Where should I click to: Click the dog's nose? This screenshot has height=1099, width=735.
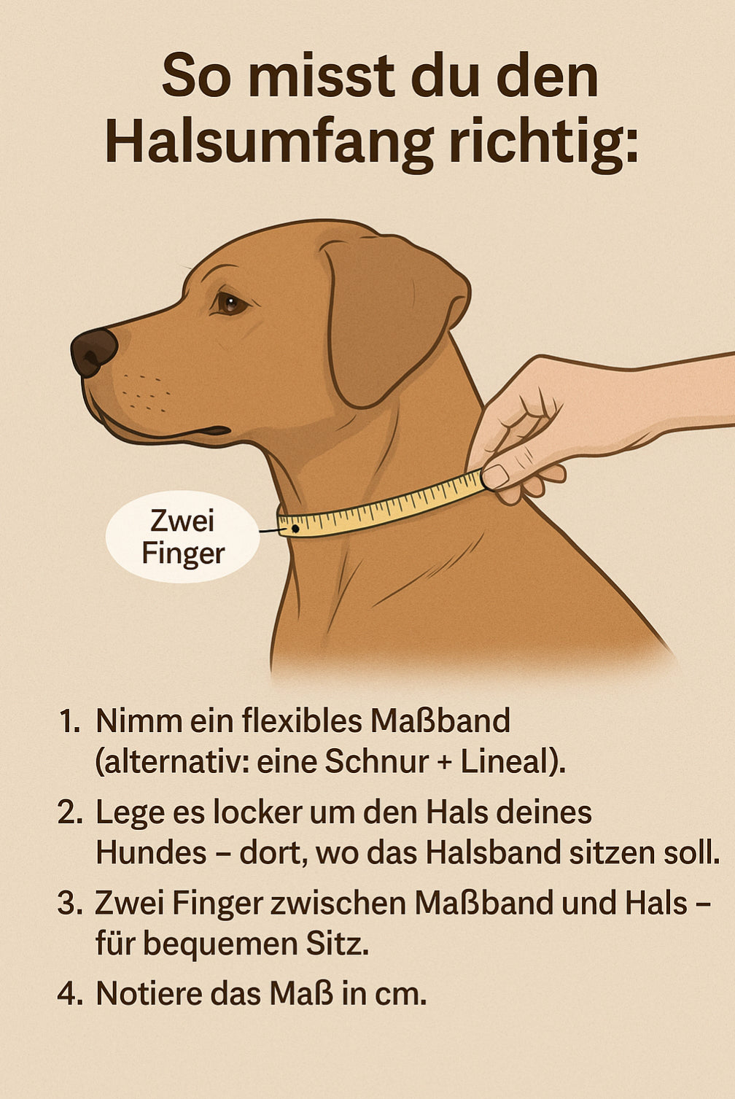pos(94,352)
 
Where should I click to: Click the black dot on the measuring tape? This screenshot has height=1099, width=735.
pos(295,529)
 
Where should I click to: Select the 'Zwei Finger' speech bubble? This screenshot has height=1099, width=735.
pos(182,537)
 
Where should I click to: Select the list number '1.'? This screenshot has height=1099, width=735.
pos(69,722)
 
